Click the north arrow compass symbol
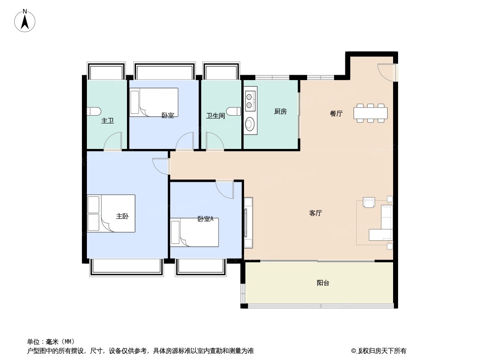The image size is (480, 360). tap(25, 21)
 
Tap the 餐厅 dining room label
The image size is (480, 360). tap(336, 113)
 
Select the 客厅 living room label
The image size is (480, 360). tap(315, 213)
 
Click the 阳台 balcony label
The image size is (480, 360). tap(323, 283)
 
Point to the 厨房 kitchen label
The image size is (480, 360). tap(281, 111)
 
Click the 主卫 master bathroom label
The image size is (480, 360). tap(108, 121)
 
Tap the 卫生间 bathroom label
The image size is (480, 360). tap(216, 116)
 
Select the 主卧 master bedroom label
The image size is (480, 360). tap(122, 216)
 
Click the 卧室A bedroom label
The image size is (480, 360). tap(205, 219)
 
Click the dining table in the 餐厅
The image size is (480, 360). tap(371, 113)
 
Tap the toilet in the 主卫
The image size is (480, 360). tap(94, 112)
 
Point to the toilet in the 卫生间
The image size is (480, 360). tap(235, 112)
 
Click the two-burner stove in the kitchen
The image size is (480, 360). tap(250, 101)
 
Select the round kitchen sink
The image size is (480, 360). tap(250, 124)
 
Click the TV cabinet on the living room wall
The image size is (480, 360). tap(248, 223)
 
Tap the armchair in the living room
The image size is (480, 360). tap(369, 202)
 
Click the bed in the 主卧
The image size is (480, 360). tap(111, 213)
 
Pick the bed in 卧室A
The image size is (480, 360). tap(195, 233)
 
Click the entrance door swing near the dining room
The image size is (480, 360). tap(386, 72)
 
